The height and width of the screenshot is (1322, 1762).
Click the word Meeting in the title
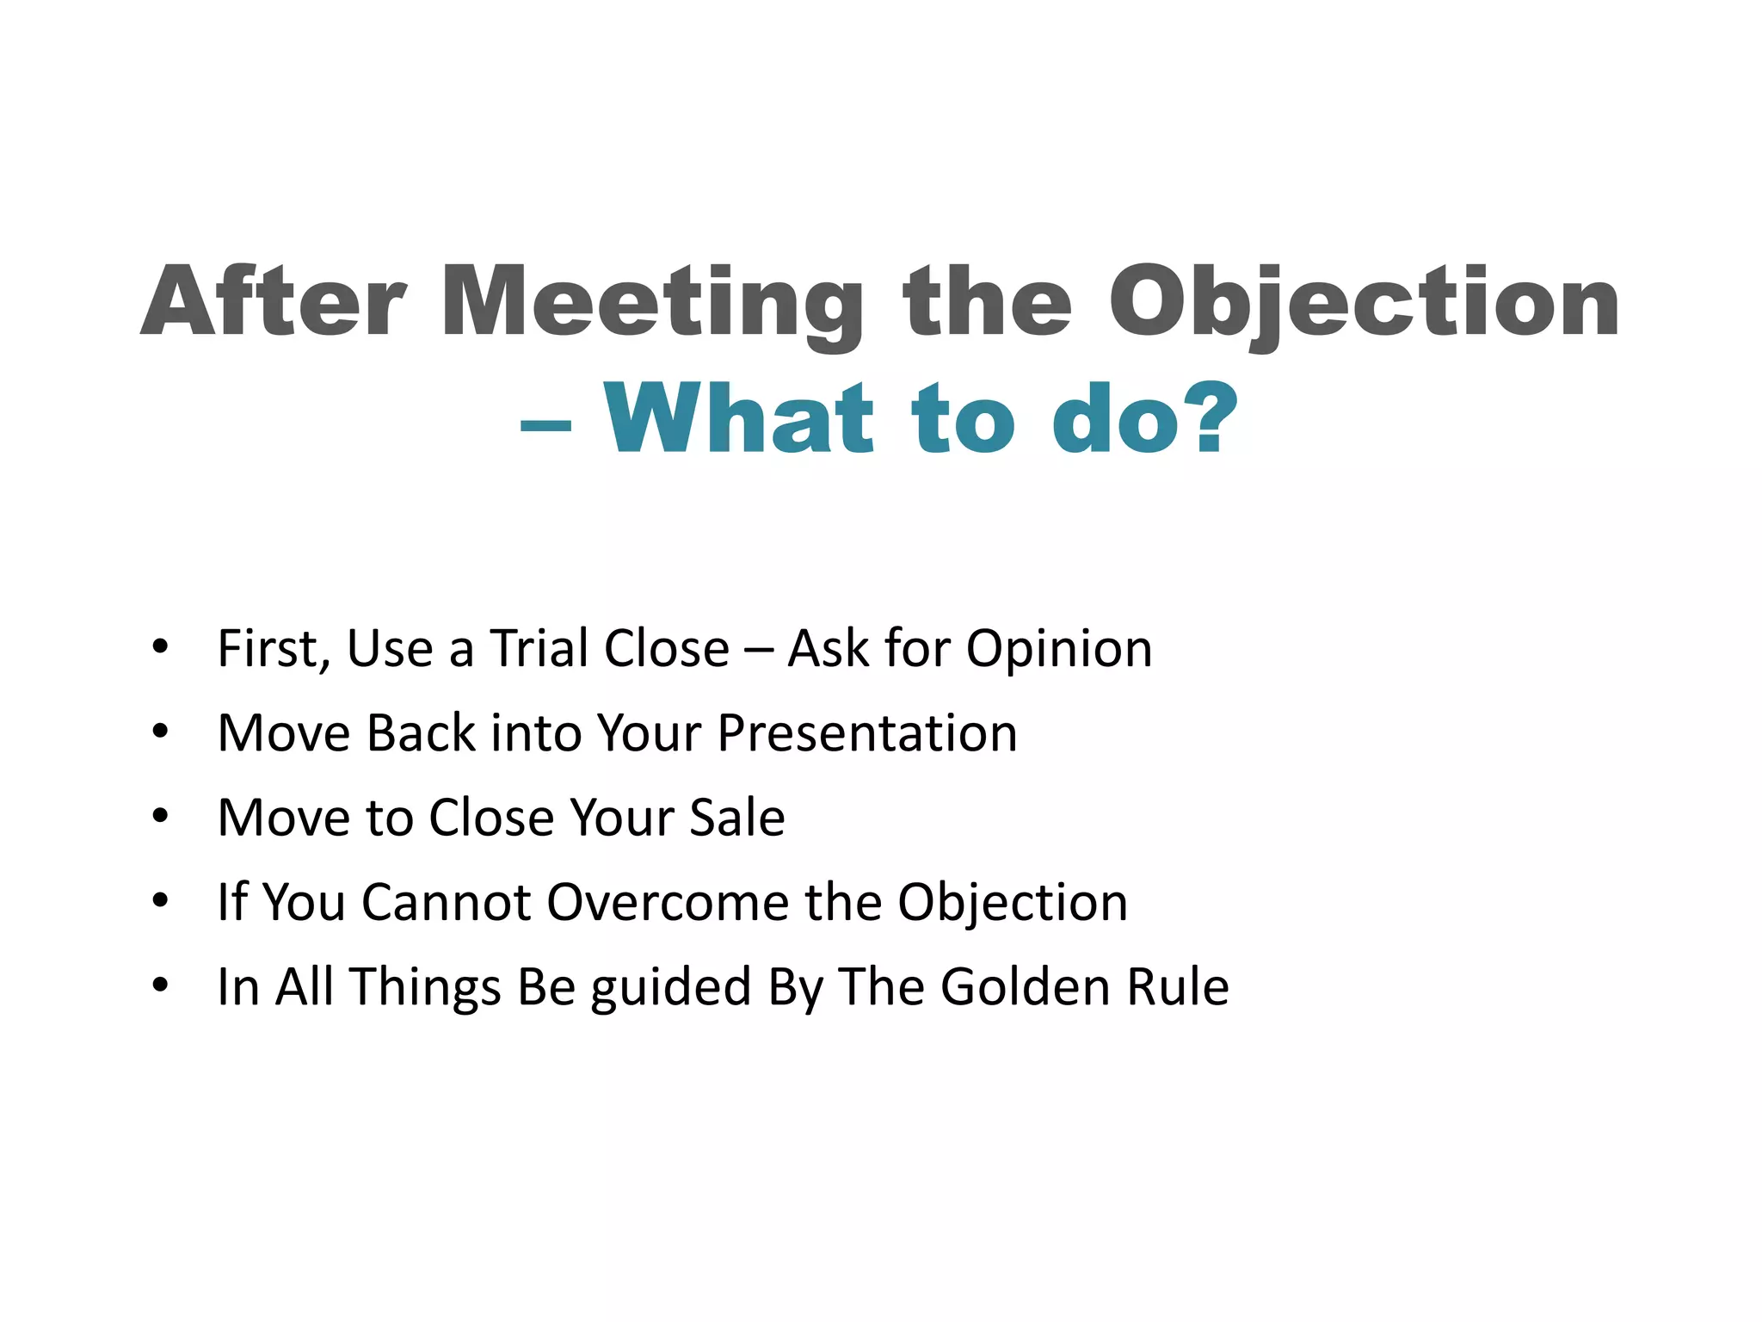tap(651, 303)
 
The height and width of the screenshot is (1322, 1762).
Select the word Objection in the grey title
tap(1364, 303)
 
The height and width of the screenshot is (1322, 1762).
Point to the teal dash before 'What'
tap(545, 425)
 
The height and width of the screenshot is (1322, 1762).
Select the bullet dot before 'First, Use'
tap(160, 647)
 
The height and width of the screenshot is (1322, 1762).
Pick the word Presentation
tap(867, 733)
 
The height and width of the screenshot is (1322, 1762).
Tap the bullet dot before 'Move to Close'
tap(160, 816)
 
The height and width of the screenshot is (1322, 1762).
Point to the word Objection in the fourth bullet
tap(1012, 904)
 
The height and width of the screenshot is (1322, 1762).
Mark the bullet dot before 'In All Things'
tap(160, 985)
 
